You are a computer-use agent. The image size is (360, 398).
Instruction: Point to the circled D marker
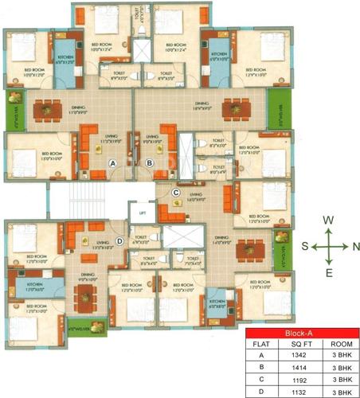coord(119,242)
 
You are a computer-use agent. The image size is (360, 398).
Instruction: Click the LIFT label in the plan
coord(142,215)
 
